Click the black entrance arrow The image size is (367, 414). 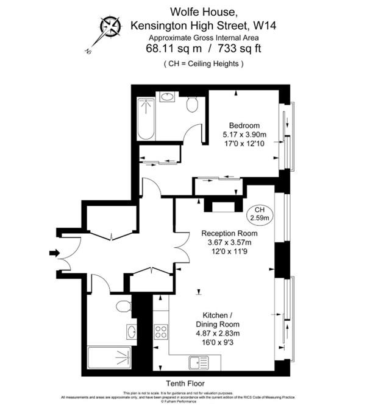coord(54,253)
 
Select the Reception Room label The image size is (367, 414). coord(229,233)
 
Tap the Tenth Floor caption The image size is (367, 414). coord(183,385)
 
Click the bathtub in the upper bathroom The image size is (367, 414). coord(147,118)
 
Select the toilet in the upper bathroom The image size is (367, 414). coord(192,105)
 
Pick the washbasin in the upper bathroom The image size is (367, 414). coord(166,97)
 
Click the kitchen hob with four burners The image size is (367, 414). coord(161,332)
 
